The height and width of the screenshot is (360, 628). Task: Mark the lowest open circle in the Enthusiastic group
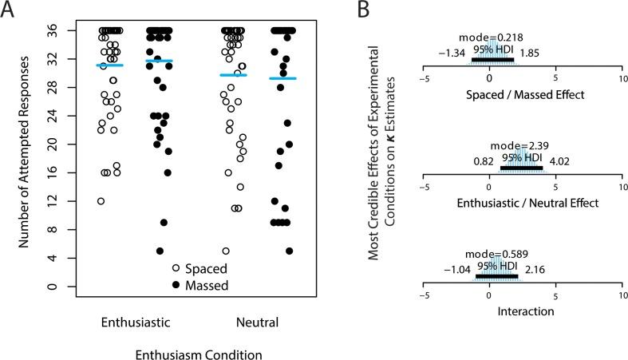[101, 201]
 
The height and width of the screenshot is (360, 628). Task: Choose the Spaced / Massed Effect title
[523, 93]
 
